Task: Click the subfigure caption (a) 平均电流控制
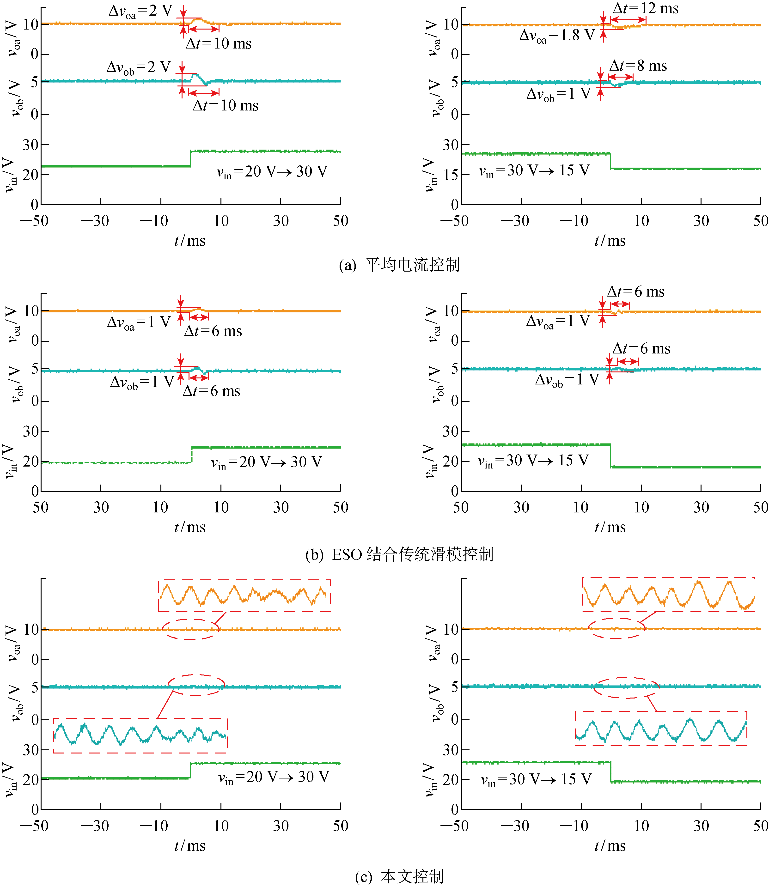click(x=399, y=265)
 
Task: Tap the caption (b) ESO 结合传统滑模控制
click(x=399, y=554)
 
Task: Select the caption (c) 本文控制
click(x=399, y=876)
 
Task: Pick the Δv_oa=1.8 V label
click(x=557, y=36)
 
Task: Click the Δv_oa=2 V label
click(x=140, y=11)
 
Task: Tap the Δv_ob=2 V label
click(x=139, y=67)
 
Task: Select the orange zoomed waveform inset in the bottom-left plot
click(x=244, y=596)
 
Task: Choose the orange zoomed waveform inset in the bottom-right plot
click(x=669, y=594)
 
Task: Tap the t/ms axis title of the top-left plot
click(x=190, y=241)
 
